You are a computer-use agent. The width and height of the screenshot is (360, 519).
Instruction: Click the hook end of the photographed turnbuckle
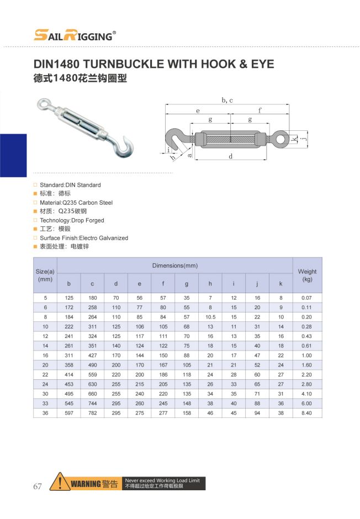pyautogui.click(x=126, y=146)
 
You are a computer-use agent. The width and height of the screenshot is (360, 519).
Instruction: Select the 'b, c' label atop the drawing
pyautogui.click(x=227, y=100)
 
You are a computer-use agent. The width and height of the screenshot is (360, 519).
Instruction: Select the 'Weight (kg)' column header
pyautogui.click(x=307, y=276)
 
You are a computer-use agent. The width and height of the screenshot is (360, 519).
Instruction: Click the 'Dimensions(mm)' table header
pyautogui.click(x=174, y=266)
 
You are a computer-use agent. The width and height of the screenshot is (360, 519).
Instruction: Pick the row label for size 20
pyautogui.click(x=45, y=365)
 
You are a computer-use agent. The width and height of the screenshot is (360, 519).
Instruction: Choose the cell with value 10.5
pyautogui.click(x=210, y=317)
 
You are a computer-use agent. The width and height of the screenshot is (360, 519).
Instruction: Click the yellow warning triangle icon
pyautogui.click(x=59, y=481)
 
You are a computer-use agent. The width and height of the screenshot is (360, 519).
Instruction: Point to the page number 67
pyautogui.click(x=38, y=486)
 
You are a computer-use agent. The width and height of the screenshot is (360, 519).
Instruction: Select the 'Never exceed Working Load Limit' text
pyautogui.click(x=162, y=480)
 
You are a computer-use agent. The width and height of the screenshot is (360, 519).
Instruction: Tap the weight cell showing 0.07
pyautogui.click(x=307, y=298)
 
